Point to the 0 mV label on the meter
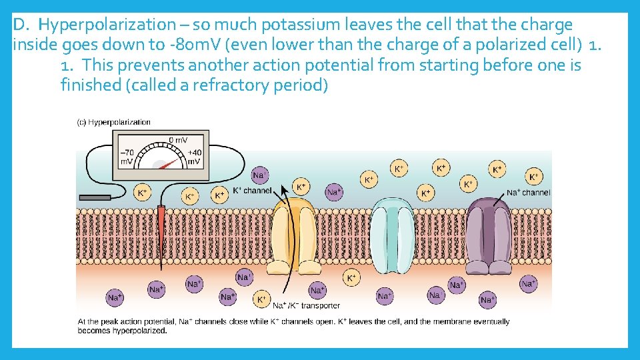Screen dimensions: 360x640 pyautogui.click(x=177, y=140)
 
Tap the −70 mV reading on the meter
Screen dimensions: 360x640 pyautogui.click(x=127, y=157)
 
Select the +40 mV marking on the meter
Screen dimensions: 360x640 pyautogui.click(x=193, y=157)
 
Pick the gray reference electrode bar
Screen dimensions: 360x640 pyautogui.click(x=95, y=197)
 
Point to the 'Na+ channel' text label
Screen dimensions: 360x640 pyautogui.click(x=528, y=193)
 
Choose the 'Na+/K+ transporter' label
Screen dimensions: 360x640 pyautogui.click(x=306, y=305)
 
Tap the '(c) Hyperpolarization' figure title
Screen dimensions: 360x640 pyautogui.click(x=114, y=122)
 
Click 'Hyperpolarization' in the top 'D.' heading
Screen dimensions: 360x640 pyautogui.click(x=106, y=25)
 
